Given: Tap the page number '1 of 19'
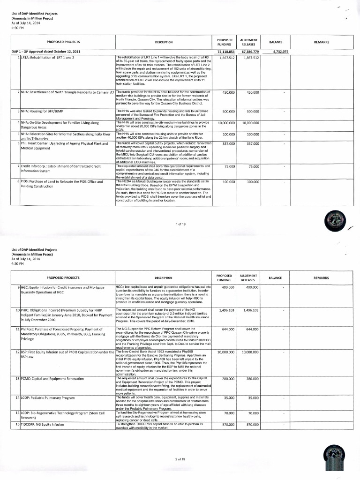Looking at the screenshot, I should point(180,225).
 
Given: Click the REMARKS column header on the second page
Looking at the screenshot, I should point(321,278).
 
